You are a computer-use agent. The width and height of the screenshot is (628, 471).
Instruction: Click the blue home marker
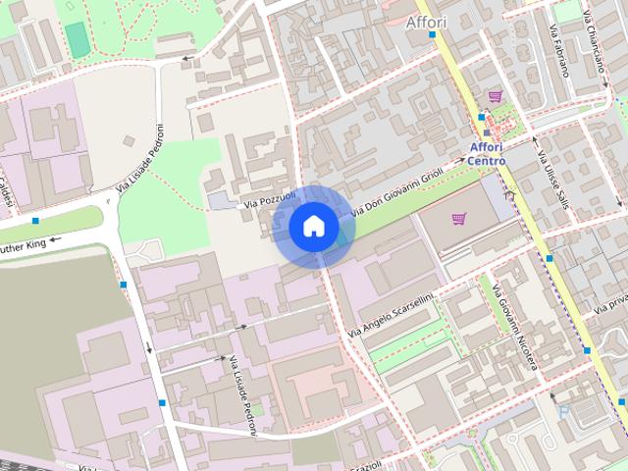click(x=313, y=227)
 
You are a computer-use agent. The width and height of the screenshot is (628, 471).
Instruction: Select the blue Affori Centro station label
click(x=486, y=154)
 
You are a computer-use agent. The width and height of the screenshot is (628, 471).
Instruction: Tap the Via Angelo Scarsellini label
click(x=390, y=308)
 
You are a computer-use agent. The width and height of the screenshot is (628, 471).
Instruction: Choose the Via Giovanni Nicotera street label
click(x=515, y=328)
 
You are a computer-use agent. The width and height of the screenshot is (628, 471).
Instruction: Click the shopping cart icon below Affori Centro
click(x=458, y=218)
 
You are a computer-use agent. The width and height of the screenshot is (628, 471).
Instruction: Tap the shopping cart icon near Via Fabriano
click(x=495, y=96)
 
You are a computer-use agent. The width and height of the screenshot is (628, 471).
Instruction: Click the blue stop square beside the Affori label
click(x=433, y=34)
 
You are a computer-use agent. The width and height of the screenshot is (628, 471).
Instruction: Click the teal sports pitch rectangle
click(x=77, y=39)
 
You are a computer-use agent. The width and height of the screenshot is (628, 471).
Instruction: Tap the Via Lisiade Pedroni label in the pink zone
click(x=242, y=391)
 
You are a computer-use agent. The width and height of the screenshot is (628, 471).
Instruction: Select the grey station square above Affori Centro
click(x=486, y=131)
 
